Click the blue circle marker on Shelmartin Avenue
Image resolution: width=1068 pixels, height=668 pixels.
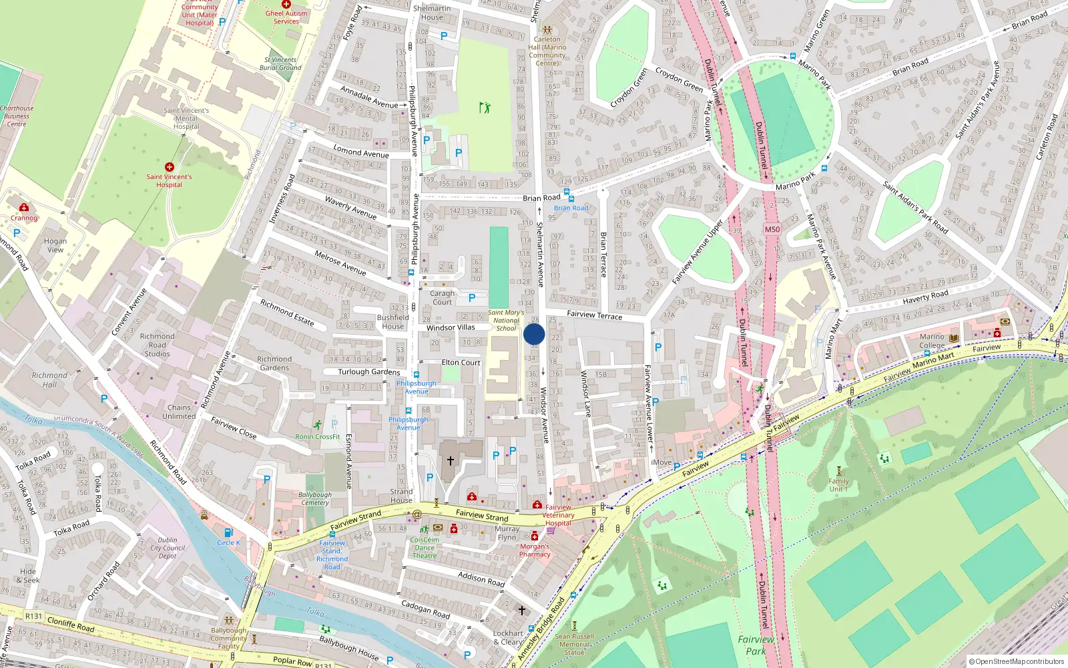click(x=534, y=334)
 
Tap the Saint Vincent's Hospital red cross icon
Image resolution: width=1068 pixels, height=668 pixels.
click(x=170, y=167)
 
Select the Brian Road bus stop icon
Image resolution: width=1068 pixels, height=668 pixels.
click(x=567, y=193)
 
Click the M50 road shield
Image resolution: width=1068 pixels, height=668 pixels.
click(x=772, y=229)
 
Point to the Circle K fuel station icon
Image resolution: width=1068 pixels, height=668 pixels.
click(x=228, y=532)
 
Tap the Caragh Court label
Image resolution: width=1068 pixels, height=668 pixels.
click(x=442, y=298)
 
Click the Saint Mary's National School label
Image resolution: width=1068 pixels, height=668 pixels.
click(x=506, y=321)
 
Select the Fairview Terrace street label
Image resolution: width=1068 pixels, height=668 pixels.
click(x=594, y=315)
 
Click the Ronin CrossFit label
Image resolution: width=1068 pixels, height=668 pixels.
click(x=318, y=437)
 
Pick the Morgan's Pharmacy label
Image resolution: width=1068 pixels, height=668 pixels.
click(x=535, y=550)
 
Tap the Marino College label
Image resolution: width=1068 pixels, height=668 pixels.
click(x=932, y=341)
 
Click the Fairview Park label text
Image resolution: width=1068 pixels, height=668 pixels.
click(x=756, y=645)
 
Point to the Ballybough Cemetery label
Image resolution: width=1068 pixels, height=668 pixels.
click(x=315, y=498)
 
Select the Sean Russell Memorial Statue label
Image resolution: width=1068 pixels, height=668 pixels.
click(x=574, y=644)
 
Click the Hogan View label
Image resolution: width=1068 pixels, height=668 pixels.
click(x=55, y=245)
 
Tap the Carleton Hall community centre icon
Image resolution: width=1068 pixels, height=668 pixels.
click(x=547, y=30)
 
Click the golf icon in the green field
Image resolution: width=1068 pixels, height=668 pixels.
click(x=485, y=107)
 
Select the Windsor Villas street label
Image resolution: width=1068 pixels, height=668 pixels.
click(x=451, y=328)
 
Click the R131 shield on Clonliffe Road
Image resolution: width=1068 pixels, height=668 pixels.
click(x=33, y=616)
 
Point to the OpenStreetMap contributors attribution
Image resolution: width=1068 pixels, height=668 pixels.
click(x=1016, y=661)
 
